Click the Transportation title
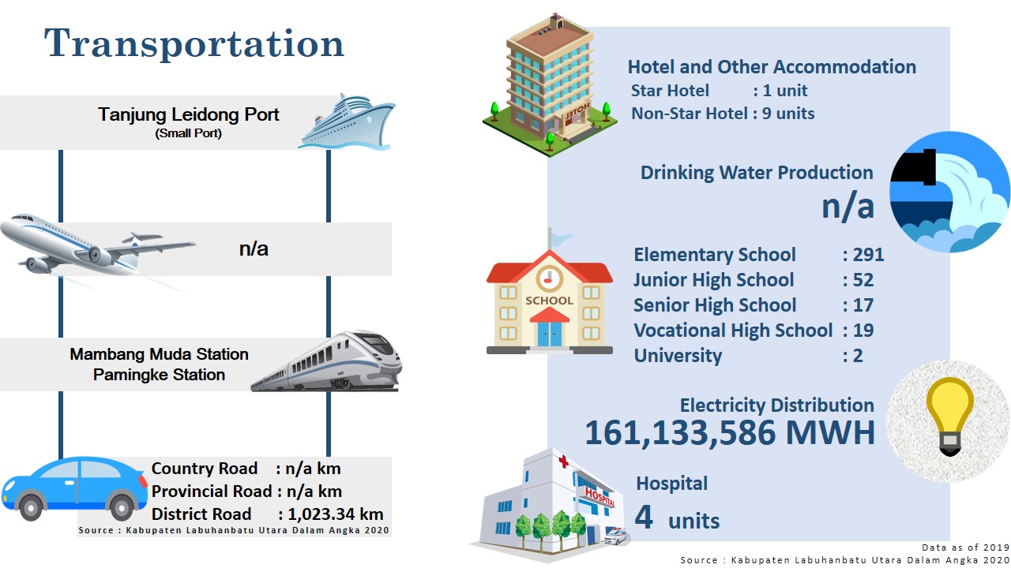tap(194, 43)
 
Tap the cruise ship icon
tap(347, 121)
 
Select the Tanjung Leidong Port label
tap(189, 114)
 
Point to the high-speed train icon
tap(327, 361)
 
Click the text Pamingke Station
tap(159, 375)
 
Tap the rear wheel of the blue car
tap(122, 507)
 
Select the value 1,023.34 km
tap(336, 514)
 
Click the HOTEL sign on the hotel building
tap(577, 113)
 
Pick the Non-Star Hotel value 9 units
tap(788, 113)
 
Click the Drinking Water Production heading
tap(757, 173)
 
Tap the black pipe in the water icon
tap(915, 167)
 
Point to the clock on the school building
tap(549, 278)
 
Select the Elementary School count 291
tap(868, 255)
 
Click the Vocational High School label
tap(733, 331)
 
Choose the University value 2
tap(858, 356)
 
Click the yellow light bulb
tap(949, 416)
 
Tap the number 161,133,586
tap(680, 433)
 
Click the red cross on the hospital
tap(563, 461)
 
